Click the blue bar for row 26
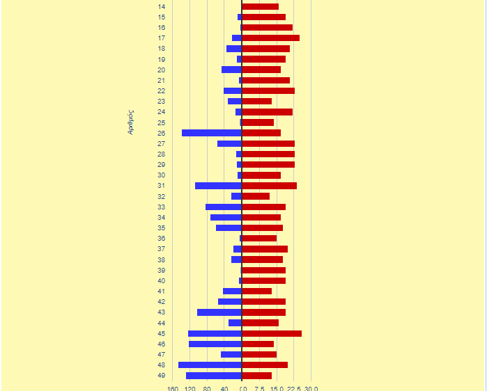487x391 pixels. pyautogui.click(x=211, y=133)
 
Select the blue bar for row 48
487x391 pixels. pyautogui.click(x=210, y=365)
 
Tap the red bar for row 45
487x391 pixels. pyautogui.click(x=272, y=333)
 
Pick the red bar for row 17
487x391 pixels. pyautogui.click(x=270, y=38)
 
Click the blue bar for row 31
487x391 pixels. pyautogui.click(x=218, y=186)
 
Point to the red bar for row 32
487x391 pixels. pyautogui.click(x=256, y=196)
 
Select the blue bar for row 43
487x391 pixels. pyautogui.click(x=219, y=312)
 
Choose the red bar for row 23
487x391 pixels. pyautogui.click(x=256, y=102)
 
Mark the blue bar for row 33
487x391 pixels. pyautogui.click(x=223, y=207)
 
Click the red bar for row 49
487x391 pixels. pyautogui.click(x=256, y=376)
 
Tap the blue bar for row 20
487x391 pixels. pyautogui.click(x=231, y=70)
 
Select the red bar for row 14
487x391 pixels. pyautogui.click(x=260, y=6)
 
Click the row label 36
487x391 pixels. pyautogui.click(x=161, y=239)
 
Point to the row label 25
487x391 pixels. pyautogui.click(x=161, y=122)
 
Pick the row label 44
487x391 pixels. pyautogui.click(x=161, y=323)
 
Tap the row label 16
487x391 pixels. pyautogui.click(x=161, y=28)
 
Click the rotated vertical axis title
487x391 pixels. pyautogui.click(x=130, y=122)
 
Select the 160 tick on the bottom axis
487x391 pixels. pyautogui.click(x=172, y=389)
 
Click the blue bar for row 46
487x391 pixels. pyautogui.click(x=215, y=344)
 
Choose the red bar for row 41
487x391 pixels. pyautogui.click(x=256, y=291)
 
